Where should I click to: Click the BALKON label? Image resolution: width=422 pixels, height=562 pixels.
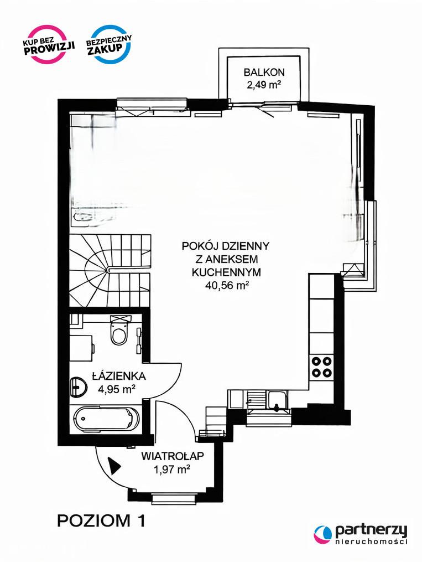264,72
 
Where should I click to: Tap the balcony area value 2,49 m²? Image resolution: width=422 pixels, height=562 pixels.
264,85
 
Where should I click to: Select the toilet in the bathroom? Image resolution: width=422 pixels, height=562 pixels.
119,330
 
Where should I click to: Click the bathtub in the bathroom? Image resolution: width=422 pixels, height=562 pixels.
107,419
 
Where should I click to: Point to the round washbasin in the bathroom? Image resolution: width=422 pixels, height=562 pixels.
79,386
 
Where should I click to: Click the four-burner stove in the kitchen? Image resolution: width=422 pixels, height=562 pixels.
321,367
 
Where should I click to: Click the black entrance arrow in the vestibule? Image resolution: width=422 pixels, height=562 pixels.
114,466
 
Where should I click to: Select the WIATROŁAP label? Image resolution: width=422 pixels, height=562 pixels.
172,456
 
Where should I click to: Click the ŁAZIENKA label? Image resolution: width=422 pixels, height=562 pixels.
119,376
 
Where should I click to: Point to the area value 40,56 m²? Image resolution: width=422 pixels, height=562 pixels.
227,285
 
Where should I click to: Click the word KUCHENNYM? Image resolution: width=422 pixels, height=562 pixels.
226,272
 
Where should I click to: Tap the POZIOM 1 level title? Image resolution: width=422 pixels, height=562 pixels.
102,520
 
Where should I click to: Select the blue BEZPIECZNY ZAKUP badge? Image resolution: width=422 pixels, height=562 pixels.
109,44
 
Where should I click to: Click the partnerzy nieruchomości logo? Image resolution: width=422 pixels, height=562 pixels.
361,534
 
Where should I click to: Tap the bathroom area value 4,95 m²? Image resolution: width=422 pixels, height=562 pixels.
117,389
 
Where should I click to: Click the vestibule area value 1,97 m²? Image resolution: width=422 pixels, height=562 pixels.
172,469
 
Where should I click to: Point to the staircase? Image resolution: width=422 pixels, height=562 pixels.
110,270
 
